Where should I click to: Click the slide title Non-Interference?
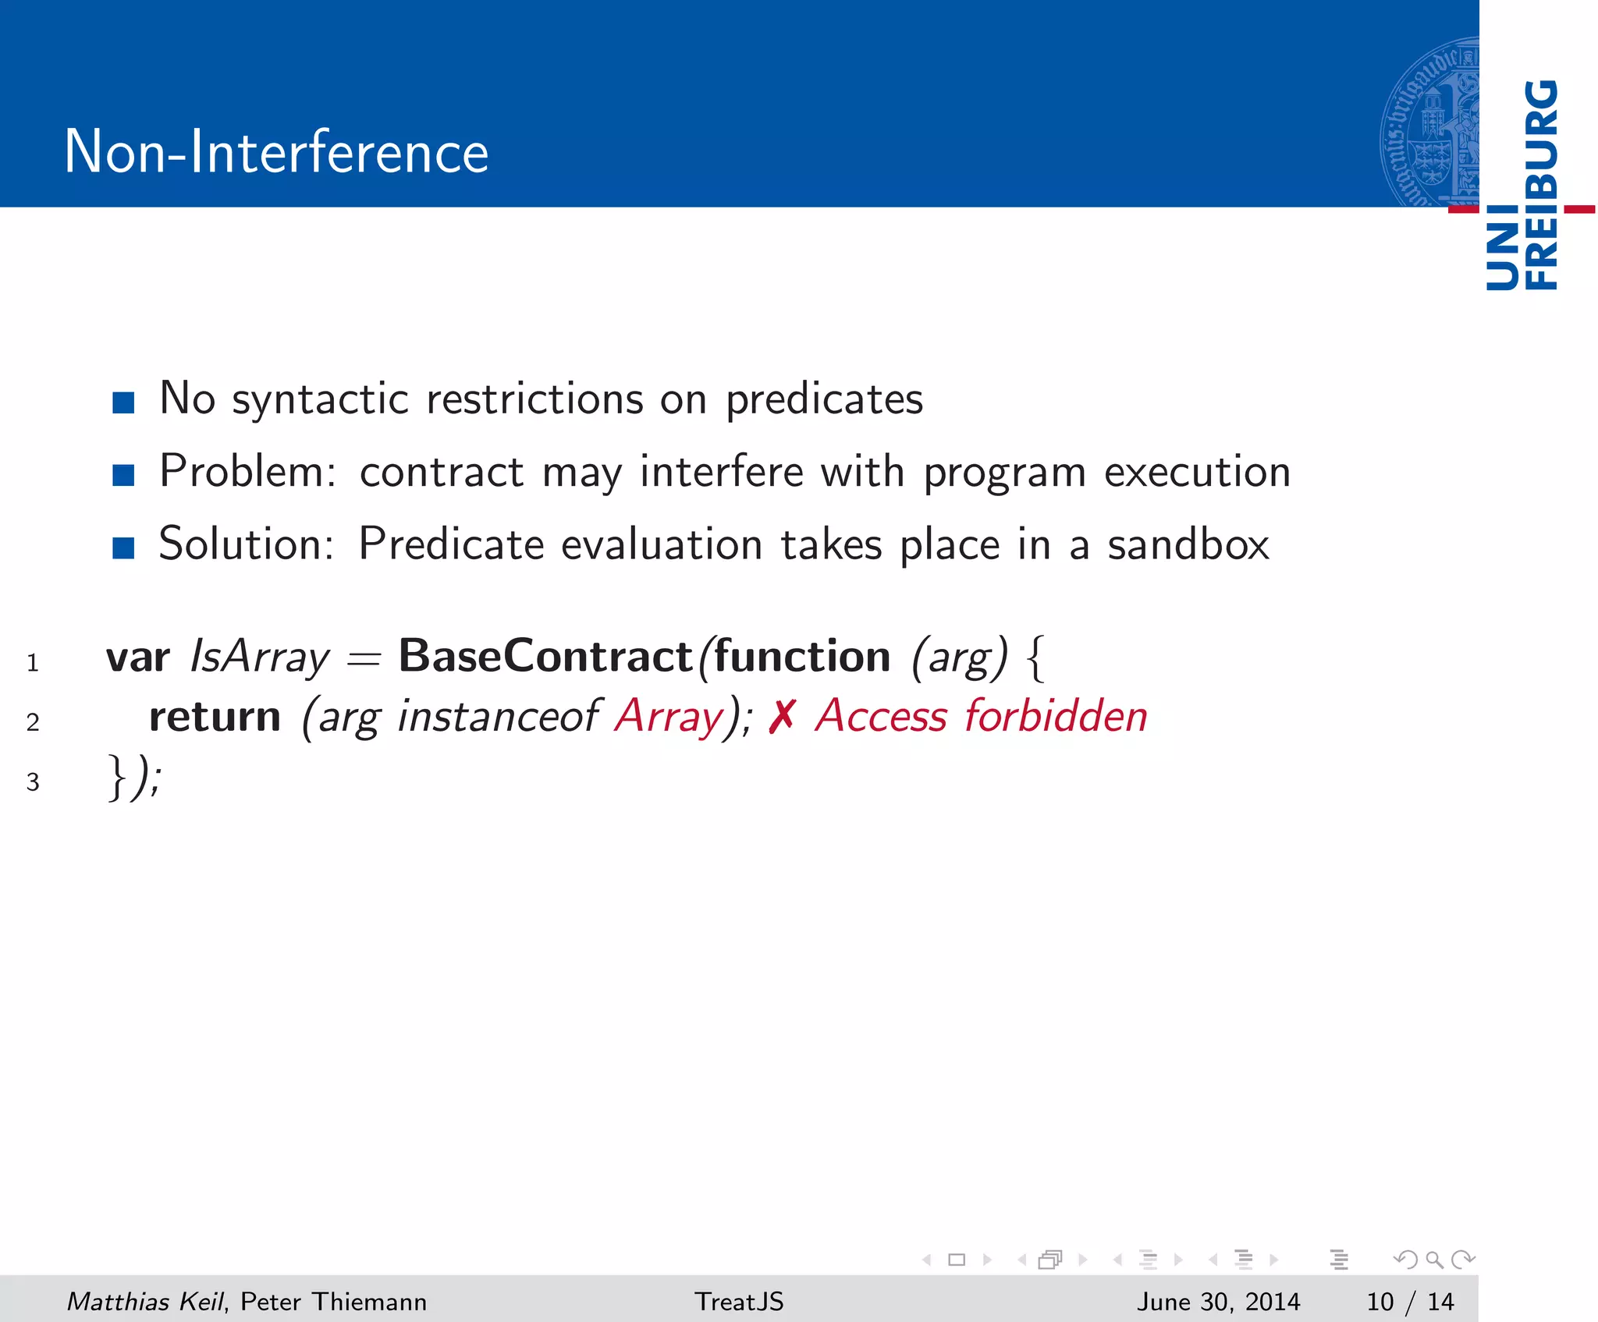coord(276,151)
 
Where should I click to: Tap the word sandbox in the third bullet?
coord(1188,544)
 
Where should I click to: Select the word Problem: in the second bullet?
coord(247,472)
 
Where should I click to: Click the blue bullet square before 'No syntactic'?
coord(123,402)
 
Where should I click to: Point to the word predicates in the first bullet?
coord(824,399)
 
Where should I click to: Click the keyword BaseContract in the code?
coord(545,656)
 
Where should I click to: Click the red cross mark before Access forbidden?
coord(782,717)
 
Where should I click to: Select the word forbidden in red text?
coord(1056,715)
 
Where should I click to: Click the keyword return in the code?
coord(215,717)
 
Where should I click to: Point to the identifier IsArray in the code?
coord(260,656)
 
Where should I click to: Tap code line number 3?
coord(33,782)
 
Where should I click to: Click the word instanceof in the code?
coord(497,715)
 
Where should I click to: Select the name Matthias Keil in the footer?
coord(145,1301)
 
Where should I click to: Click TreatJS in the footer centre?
coord(739,1301)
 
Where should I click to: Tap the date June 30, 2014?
coord(1218,1301)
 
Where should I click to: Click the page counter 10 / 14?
coord(1410,1301)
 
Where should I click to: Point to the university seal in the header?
coord(1429,121)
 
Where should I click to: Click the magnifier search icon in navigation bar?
coord(1434,1259)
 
